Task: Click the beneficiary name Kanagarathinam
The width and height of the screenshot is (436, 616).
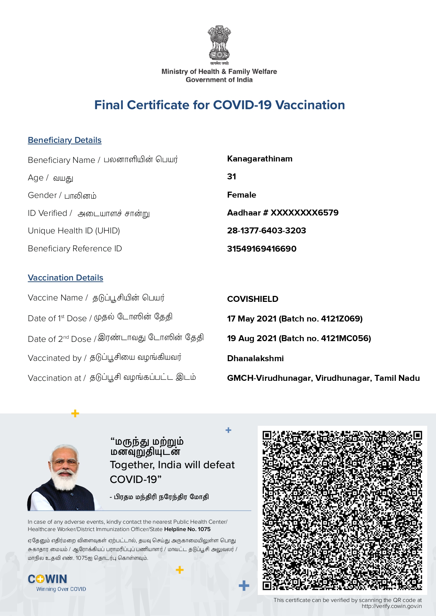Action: [x=259, y=159]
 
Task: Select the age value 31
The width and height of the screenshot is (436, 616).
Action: [x=231, y=177]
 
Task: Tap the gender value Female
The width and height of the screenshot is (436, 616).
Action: [x=242, y=195]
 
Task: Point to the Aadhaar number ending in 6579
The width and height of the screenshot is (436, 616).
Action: [x=304, y=213]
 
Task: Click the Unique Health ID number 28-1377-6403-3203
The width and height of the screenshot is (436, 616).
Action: [x=267, y=231]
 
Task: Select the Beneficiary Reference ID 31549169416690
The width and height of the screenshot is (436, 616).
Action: [x=262, y=249]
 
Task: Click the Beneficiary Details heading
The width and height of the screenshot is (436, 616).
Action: [x=65, y=140]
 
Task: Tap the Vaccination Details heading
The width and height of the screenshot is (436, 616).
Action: [x=65, y=278]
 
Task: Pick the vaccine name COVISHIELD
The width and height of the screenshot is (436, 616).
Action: [x=252, y=299]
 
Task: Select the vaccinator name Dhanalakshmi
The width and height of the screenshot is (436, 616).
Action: [x=255, y=358]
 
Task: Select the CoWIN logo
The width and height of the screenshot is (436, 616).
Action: [x=47, y=579]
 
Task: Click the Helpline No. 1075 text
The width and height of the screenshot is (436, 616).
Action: [x=187, y=529]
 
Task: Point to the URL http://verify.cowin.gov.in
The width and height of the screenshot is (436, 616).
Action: [x=391, y=606]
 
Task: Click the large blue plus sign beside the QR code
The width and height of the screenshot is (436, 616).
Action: [x=244, y=585]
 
